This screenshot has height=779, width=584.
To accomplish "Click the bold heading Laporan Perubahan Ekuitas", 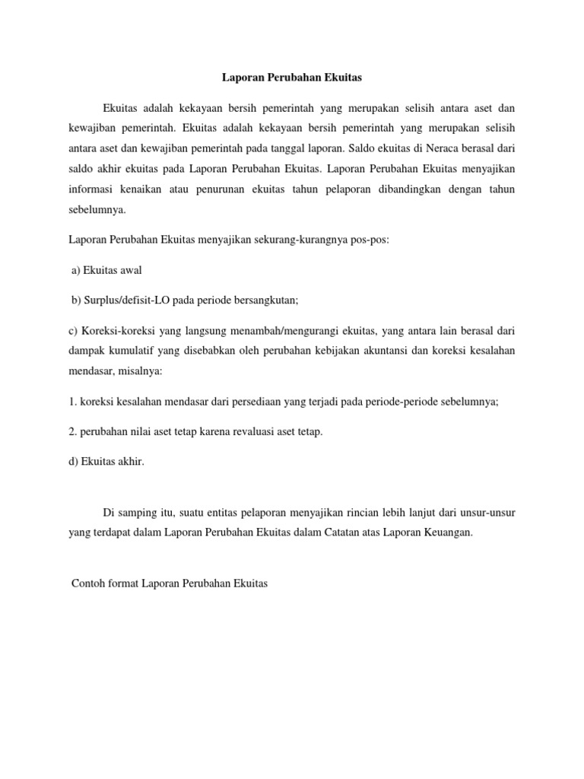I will click(x=292, y=78).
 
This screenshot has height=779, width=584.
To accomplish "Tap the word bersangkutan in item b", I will click(x=265, y=300).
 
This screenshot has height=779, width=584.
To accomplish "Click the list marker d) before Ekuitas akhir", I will click(x=72, y=462).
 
